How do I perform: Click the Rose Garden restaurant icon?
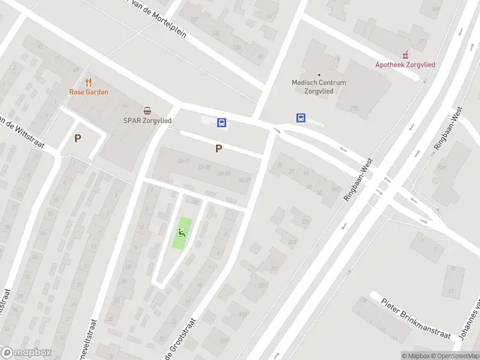point(89,82)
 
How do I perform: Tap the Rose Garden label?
point(89,92)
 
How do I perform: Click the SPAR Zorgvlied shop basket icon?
point(148,110)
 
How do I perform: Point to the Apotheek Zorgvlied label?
point(405,65)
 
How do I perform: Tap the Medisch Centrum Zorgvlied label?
point(319,86)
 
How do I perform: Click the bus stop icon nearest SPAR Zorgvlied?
point(221,123)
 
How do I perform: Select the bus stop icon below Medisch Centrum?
point(301,118)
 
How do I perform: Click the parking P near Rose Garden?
point(77,138)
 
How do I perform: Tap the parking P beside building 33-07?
point(218,148)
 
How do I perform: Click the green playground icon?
point(182,233)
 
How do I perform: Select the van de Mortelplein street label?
point(155,19)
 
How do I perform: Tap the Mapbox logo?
point(26,353)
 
